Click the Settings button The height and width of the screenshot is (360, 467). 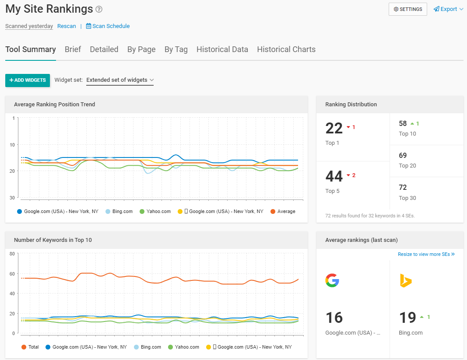pos(407,9)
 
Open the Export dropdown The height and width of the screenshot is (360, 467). pos(448,9)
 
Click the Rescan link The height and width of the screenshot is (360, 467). pos(67,26)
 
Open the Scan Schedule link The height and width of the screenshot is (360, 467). pos(108,26)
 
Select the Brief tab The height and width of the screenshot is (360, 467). pos(73,49)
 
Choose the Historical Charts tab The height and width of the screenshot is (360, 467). pos(286,49)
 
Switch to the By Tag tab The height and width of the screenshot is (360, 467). pos(176,49)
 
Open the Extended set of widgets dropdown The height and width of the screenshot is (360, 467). pos(120,80)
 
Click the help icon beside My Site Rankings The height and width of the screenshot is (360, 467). pos(99,9)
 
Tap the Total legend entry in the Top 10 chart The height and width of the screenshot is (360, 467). pos(30,347)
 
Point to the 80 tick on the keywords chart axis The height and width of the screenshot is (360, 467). pos(12,254)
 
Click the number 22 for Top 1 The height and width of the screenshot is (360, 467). pos(334,128)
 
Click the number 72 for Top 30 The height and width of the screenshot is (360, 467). pos(403,187)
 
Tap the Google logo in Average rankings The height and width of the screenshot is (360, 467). pos(332,280)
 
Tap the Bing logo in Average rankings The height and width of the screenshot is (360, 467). pos(406,280)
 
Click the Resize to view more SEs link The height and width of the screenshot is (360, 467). pos(426,254)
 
